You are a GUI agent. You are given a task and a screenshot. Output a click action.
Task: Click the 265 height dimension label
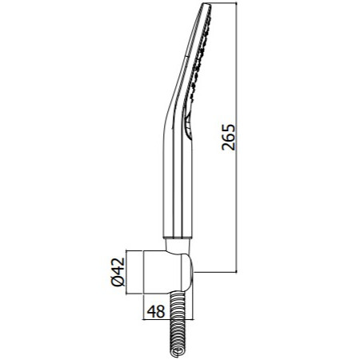click(x=229, y=137)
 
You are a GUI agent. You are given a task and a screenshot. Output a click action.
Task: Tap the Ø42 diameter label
click(x=118, y=272)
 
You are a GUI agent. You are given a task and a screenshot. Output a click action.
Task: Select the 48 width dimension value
click(x=156, y=311)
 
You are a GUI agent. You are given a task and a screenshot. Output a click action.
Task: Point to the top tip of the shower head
click(x=206, y=3)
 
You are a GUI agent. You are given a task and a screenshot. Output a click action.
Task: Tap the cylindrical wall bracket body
click(x=162, y=272)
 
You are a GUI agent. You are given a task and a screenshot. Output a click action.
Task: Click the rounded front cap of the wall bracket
click(x=187, y=272)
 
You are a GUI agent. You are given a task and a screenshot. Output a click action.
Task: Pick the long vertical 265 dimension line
click(x=237, y=138)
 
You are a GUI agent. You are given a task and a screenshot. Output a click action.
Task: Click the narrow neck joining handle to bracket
click(x=178, y=245)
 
